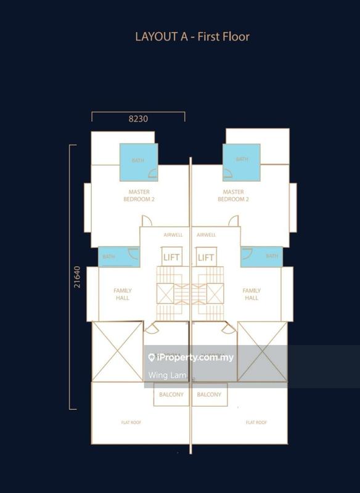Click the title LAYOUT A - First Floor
[192, 37]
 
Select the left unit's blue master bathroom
[138, 161]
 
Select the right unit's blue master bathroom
[241, 161]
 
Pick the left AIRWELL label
[173, 235]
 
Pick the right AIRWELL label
[206, 235]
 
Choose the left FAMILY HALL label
[123, 294]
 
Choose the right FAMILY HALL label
[252, 294]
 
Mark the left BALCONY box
[171, 395]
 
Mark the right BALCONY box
[209, 395]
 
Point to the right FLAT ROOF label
[256, 422]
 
